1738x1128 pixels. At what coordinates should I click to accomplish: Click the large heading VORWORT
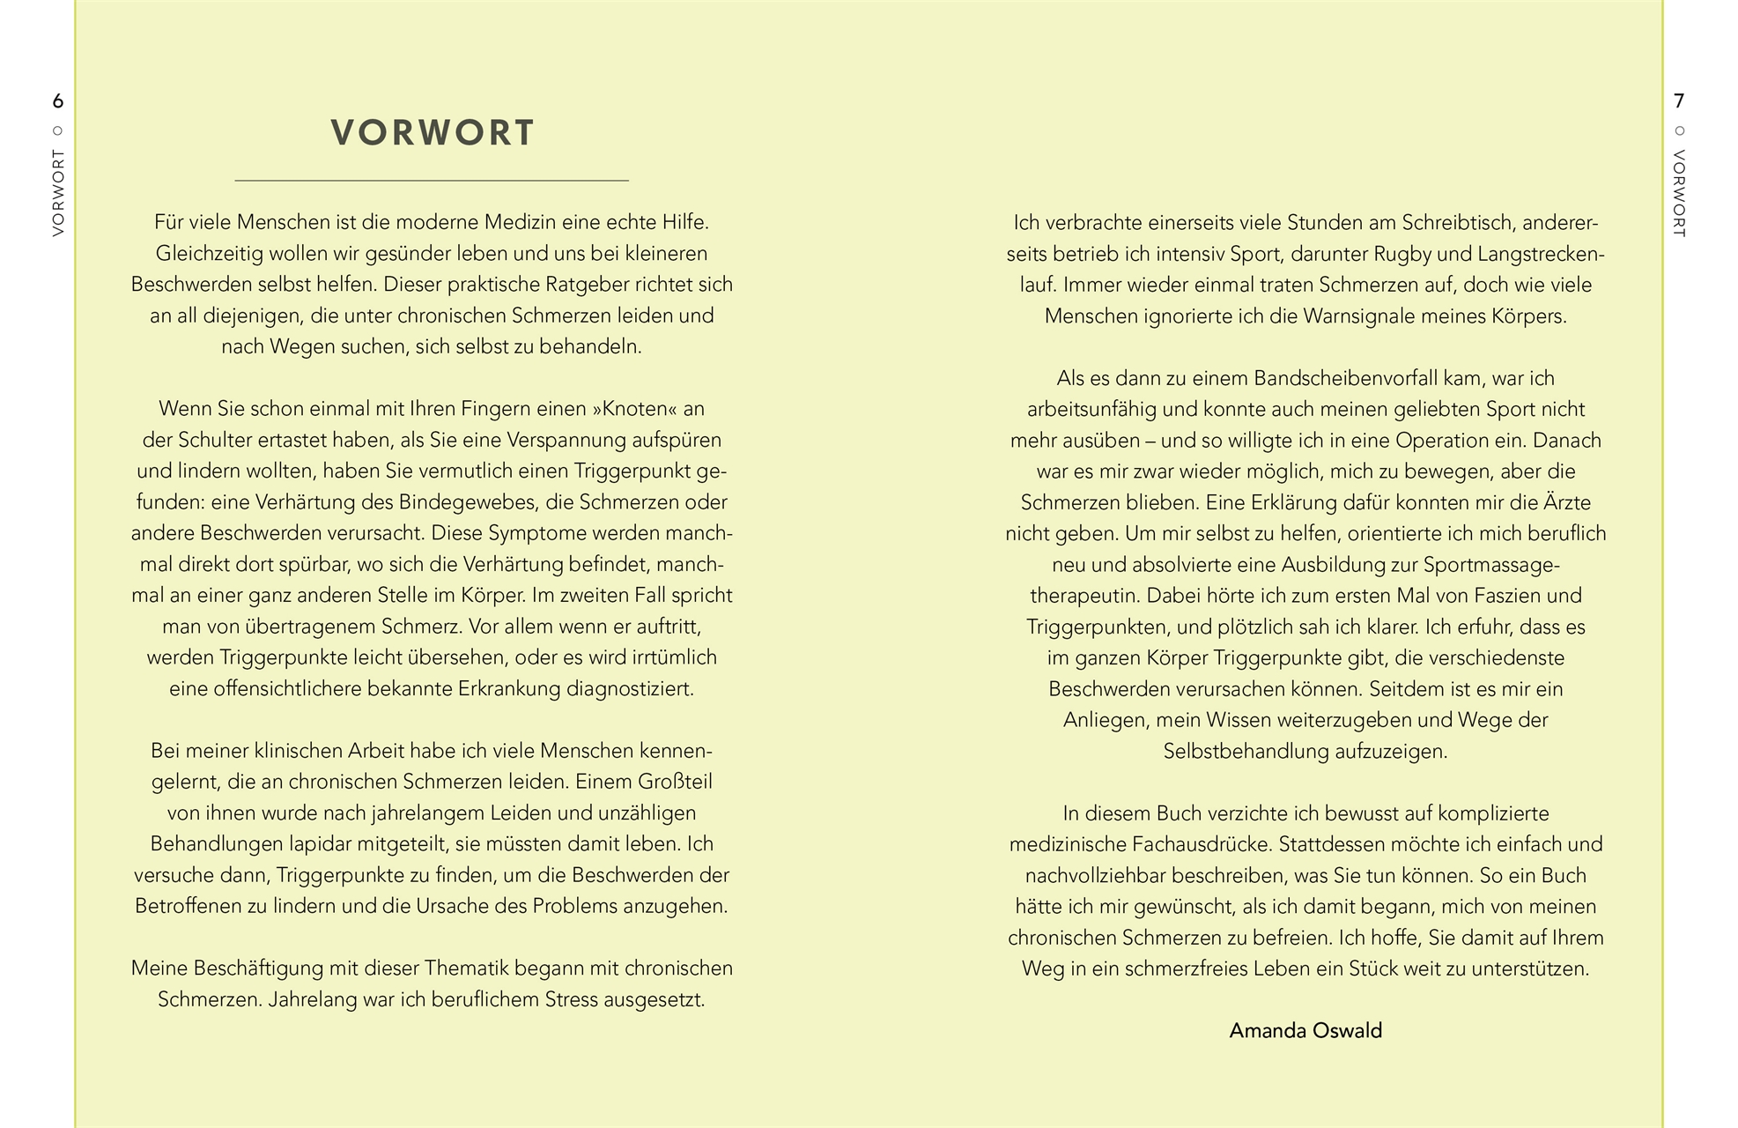click(433, 133)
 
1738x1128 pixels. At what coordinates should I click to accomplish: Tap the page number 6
click(58, 100)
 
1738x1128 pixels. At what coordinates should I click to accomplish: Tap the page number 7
click(1679, 100)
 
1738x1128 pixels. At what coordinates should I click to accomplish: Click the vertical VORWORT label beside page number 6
click(58, 192)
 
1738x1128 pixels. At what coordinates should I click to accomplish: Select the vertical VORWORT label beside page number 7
click(1679, 192)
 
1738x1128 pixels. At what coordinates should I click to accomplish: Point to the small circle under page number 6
click(58, 131)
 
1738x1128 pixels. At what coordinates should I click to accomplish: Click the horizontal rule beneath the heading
click(432, 181)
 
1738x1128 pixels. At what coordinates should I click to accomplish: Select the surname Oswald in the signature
click(1347, 1030)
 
